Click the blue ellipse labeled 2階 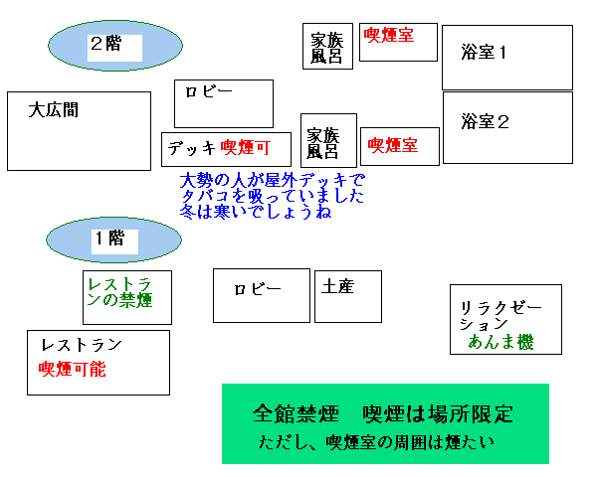click(x=115, y=45)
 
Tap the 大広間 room click(x=79, y=130)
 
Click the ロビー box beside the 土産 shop click(x=262, y=295)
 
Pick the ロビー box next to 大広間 click(x=223, y=103)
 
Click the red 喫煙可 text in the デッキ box click(x=245, y=148)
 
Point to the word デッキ click(x=192, y=148)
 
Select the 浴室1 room click(x=507, y=57)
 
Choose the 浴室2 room click(x=507, y=126)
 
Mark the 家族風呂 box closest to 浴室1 click(x=327, y=47)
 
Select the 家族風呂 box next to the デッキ click(x=328, y=140)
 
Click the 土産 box click(x=347, y=295)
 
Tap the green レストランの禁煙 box click(x=126, y=295)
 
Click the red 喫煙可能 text click(x=71, y=369)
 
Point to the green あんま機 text click(x=501, y=342)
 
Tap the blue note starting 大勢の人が click(x=273, y=197)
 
